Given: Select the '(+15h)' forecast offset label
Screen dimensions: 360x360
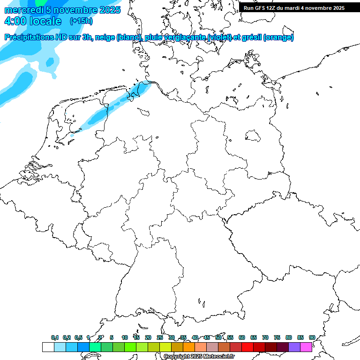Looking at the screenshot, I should point(81,21).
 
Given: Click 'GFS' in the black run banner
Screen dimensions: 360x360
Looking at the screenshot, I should point(261,7).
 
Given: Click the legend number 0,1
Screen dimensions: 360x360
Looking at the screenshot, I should point(55,337).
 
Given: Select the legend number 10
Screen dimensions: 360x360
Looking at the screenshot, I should point(125,337).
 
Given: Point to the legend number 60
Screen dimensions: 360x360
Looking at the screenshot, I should point(242,337).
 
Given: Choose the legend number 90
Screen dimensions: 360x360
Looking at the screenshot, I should point(312,337).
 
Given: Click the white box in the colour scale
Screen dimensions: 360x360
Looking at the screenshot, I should point(48,347).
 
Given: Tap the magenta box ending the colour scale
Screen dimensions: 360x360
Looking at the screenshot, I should point(306,347).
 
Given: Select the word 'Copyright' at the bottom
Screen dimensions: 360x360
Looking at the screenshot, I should point(176,357).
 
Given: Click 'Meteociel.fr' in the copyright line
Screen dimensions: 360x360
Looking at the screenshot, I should point(219,357).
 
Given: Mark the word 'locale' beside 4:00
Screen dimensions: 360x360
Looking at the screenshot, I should point(45,21).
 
